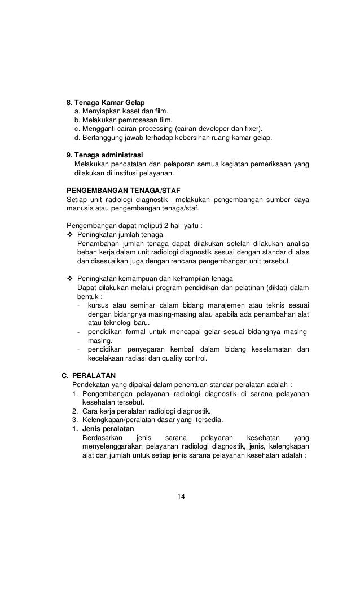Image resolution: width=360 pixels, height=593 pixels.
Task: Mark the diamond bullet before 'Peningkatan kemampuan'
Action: coord(70,279)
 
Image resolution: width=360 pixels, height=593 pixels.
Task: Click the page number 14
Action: coord(181,497)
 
